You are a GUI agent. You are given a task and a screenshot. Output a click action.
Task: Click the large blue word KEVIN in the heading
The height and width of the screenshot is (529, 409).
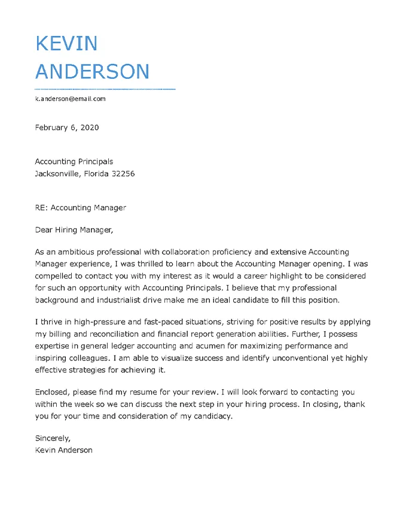[66, 43]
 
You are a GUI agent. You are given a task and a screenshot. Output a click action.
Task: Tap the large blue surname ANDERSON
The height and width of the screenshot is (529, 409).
[92, 72]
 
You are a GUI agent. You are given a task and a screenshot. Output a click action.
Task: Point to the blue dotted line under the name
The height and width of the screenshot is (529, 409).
[105, 89]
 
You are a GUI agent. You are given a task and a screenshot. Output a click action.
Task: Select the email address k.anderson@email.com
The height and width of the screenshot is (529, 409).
[70, 99]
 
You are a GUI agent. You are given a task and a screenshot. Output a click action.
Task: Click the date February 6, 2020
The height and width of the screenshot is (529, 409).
[67, 127]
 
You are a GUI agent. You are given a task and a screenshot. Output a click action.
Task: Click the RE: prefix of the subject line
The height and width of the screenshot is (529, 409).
[41, 207]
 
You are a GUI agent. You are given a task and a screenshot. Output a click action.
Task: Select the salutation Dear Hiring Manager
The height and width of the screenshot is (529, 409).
[74, 230]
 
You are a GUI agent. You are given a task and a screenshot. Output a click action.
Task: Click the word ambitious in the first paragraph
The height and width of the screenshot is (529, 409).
[74, 252]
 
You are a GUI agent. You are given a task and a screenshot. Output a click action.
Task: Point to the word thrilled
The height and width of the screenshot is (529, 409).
[165, 263]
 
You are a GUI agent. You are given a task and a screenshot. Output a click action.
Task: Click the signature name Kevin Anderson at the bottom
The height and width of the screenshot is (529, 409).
[63, 450]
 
